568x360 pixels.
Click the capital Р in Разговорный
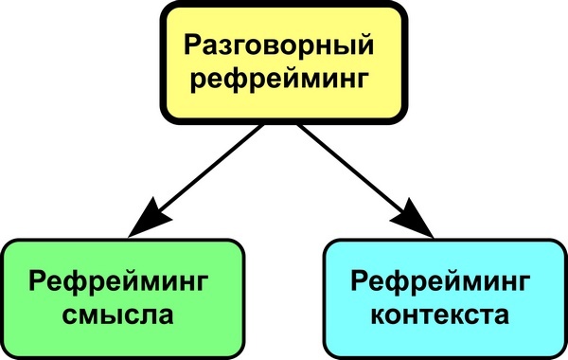click(x=191, y=45)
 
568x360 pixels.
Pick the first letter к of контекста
click(x=370, y=315)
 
